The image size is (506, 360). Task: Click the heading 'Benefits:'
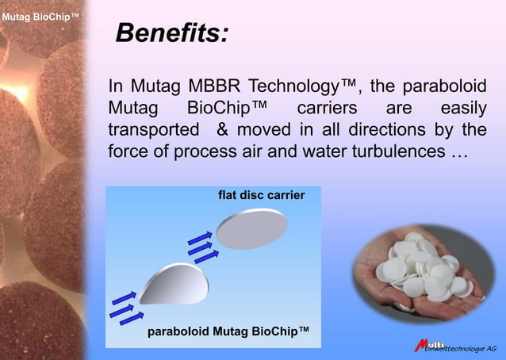click(x=172, y=33)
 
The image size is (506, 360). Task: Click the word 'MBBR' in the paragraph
click(x=220, y=86)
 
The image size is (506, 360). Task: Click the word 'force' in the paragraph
click(x=129, y=150)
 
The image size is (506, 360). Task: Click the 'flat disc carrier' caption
click(x=261, y=194)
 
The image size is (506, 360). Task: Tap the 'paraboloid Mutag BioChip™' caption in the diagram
click(x=228, y=331)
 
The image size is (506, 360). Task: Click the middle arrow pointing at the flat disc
click(x=202, y=246)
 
